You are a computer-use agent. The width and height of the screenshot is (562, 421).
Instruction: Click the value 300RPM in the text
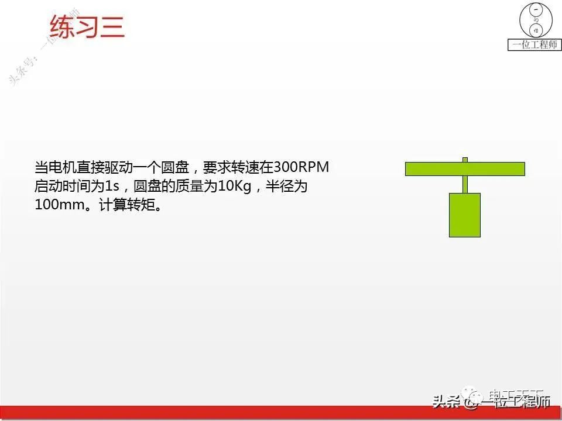[302, 167]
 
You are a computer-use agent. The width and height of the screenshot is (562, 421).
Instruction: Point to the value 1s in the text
[112, 187]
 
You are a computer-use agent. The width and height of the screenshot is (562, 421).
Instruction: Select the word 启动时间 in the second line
[60, 187]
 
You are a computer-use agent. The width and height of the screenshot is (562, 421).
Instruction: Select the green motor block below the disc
[465, 215]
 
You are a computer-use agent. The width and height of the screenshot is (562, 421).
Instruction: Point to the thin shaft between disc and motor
[465, 184]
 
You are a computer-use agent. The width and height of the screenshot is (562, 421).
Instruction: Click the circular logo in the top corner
[535, 20]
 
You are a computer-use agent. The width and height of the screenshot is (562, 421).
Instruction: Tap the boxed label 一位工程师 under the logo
[534, 45]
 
